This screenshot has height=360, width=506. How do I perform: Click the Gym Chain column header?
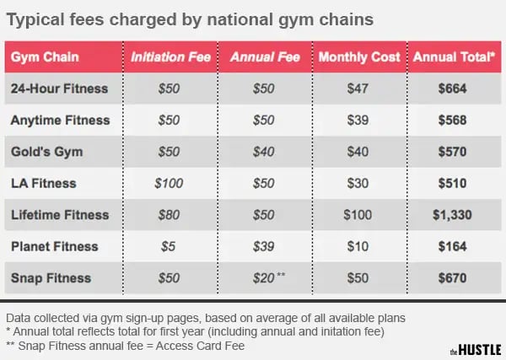pyautogui.click(x=46, y=56)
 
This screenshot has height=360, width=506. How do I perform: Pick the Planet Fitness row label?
pyautogui.click(x=54, y=246)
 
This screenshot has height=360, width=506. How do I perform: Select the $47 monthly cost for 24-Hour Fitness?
pyautogui.click(x=358, y=88)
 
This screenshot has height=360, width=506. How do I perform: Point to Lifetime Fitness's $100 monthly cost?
pyautogui.click(x=358, y=215)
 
